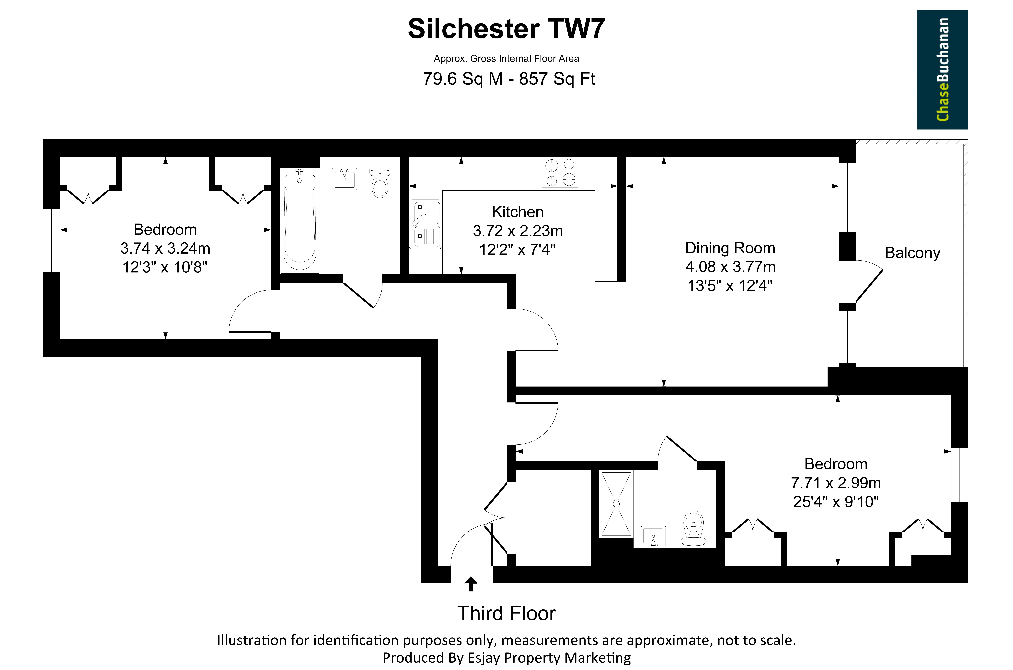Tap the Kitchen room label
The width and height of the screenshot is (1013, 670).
(x=518, y=212)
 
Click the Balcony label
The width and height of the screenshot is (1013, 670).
(x=912, y=253)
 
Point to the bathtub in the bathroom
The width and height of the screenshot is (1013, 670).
(x=300, y=221)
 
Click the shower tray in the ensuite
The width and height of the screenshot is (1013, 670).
(x=616, y=504)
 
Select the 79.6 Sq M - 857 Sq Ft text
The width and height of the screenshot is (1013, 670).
(x=509, y=79)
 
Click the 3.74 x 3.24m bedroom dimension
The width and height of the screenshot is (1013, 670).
(x=165, y=248)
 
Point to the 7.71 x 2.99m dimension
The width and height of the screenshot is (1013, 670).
(x=836, y=483)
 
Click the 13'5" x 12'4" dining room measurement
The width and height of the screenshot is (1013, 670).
(x=730, y=285)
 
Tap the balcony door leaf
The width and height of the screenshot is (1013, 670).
(x=869, y=286)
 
